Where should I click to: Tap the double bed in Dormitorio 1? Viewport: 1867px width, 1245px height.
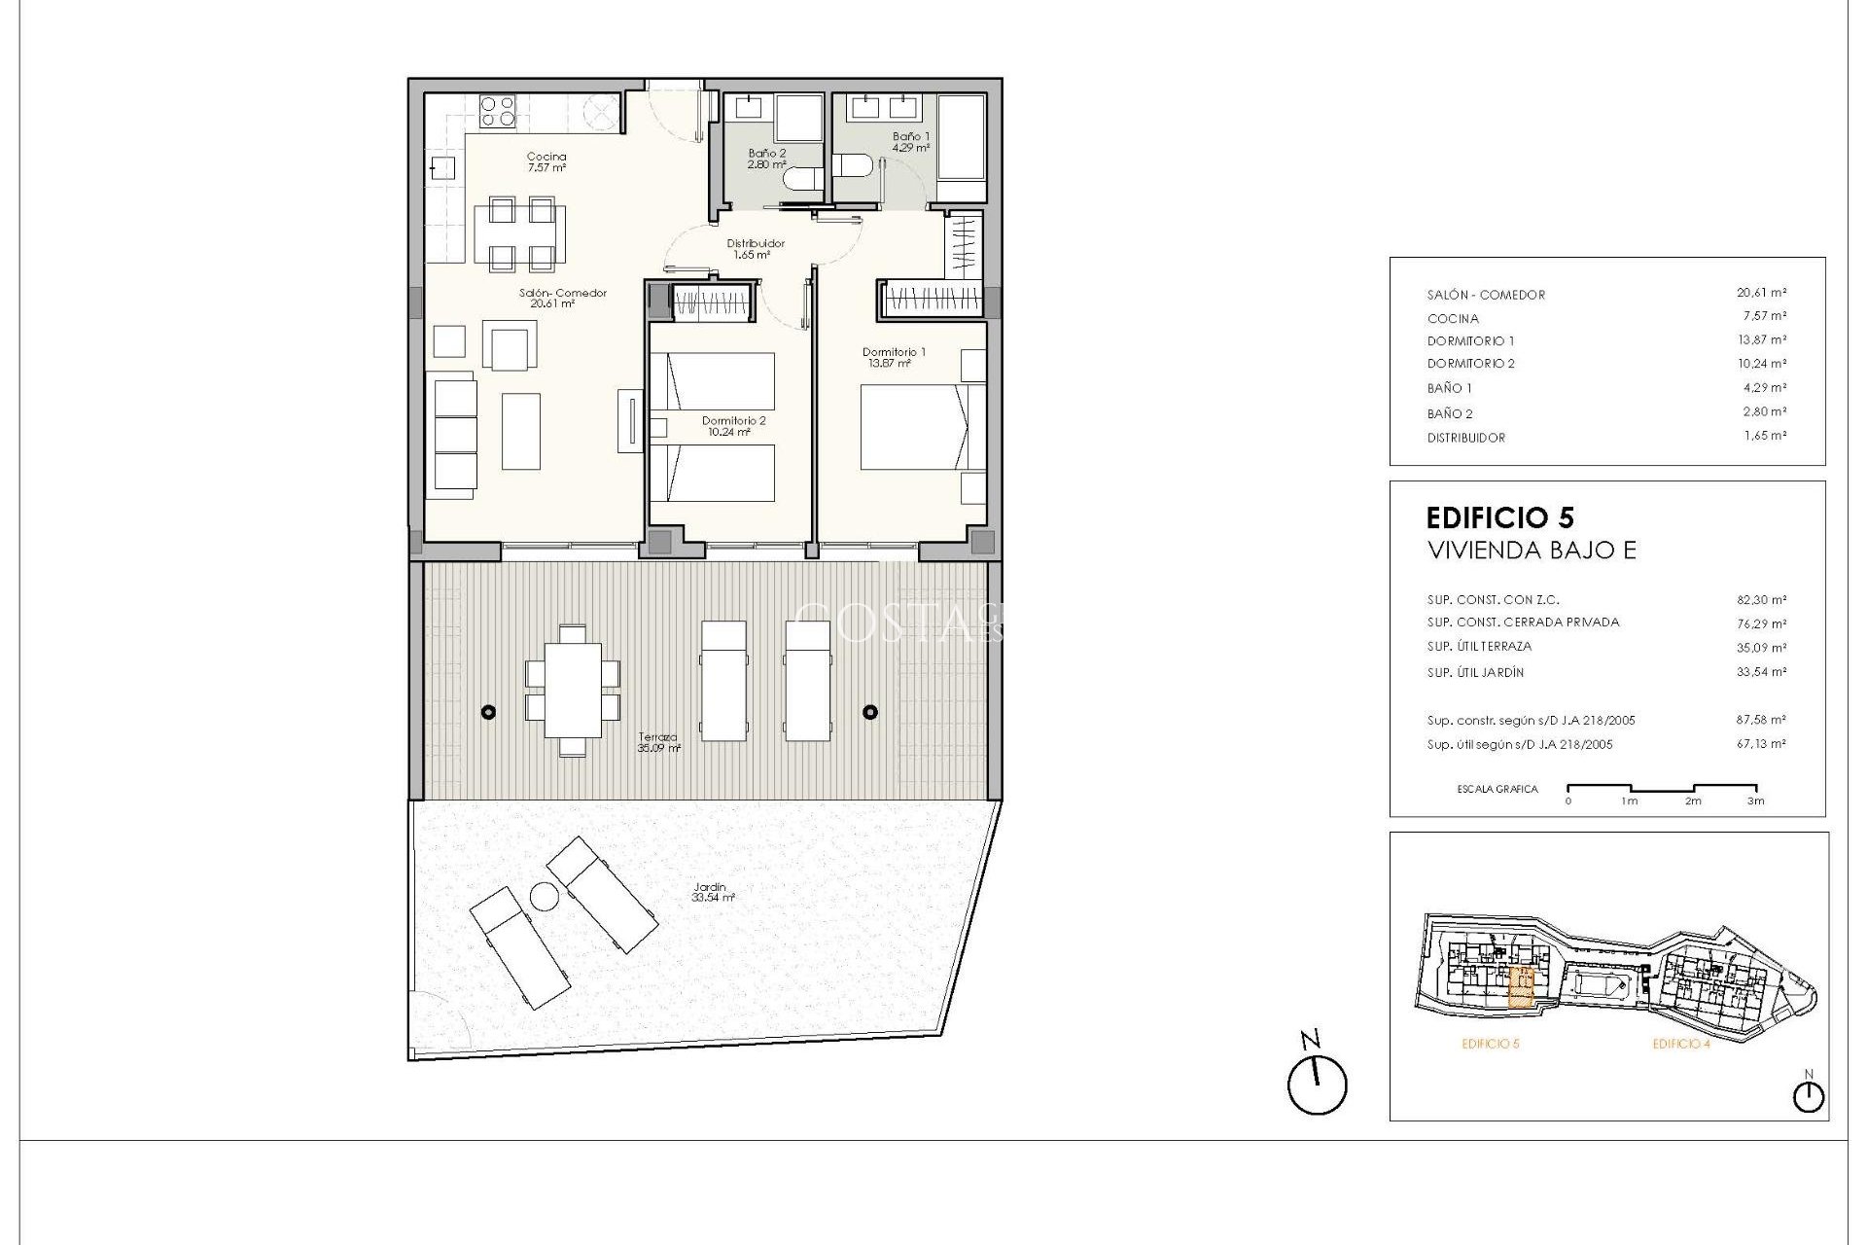click(x=914, y=427)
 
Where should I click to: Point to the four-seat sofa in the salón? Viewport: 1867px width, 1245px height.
click(x=454, y=436)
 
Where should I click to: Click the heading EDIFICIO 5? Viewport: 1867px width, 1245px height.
click(x=1499, y=517)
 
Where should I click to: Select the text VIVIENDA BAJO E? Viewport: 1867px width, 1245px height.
click(x=1531, y=551)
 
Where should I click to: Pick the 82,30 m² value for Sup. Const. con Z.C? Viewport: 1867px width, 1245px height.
click(x=1762, y=600)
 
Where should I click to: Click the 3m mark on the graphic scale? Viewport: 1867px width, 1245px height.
click(x=1755, y=800)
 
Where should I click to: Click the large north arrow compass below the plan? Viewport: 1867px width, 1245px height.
click(x=1317, y=1085)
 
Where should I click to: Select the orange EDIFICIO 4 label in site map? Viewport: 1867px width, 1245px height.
click(x=1680, y=1044)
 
